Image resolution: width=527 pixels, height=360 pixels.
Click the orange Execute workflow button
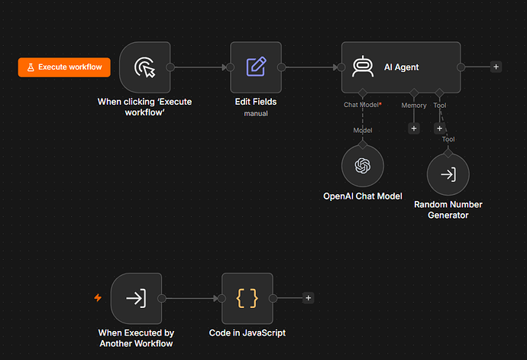point(64,67)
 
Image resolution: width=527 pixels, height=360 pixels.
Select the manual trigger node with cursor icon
point(145,67)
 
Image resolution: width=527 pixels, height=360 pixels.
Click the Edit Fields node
point(256,67)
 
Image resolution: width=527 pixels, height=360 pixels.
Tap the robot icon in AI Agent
point(363,66)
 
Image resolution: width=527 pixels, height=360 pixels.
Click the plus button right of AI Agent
point(496,67)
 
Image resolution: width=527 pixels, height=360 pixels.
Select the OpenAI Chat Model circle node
point(363,166)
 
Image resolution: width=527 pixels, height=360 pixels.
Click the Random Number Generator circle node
point(448,174)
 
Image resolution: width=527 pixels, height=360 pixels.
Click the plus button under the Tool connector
point(439,128)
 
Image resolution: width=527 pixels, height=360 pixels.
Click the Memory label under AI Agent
point(414,105)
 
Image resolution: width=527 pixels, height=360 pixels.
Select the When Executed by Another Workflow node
point(136,298)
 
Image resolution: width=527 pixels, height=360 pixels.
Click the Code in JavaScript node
point(247,298)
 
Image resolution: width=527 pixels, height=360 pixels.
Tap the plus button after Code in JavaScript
point(309,298)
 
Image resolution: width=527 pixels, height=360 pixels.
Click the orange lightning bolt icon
point(98,298)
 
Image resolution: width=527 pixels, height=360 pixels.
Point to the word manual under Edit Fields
point(256,114)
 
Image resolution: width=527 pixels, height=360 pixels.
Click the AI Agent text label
point(401,67)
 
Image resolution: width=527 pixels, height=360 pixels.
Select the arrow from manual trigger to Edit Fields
point(200,67)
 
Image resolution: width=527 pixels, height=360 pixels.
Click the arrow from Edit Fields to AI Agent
point(312,67)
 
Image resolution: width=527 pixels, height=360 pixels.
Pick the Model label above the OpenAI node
point(363,131)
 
